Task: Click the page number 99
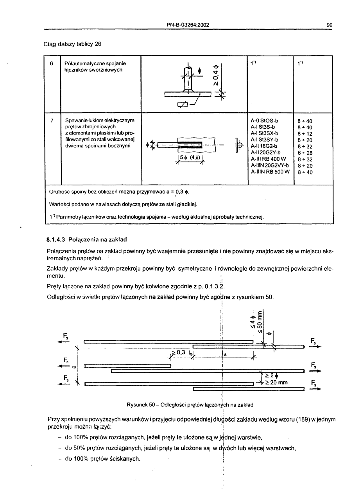(329, 25)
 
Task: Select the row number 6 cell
(51, 63)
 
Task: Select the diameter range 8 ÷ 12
(304, 134)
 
